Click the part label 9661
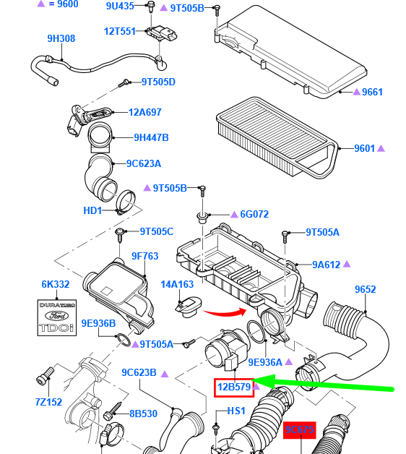coord(372,92)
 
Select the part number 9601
coord(365,148)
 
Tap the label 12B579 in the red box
coord(234,387)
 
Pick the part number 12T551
coord(120,31)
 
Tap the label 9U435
coord(120,7)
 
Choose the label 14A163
coord(178,285)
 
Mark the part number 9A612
coord(326,265)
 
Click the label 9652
coord(365,290)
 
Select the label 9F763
coord(144,256)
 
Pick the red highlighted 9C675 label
coord(299,431)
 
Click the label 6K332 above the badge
coord(55,285)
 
